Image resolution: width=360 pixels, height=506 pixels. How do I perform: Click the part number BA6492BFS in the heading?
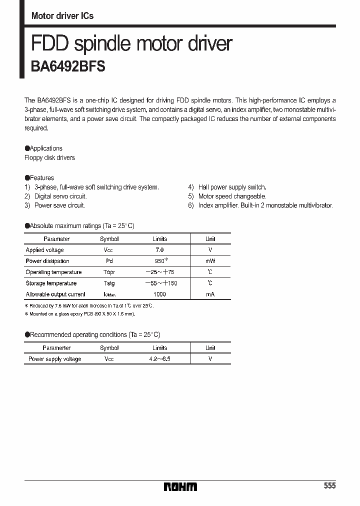[x=65, y=67]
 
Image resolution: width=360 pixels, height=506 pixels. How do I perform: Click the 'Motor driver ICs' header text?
[x=62, y=16]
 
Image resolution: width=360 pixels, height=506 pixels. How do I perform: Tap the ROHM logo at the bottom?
[x=180, y=486]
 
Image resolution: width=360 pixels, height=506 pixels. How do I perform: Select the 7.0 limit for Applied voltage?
[x=159, y=250]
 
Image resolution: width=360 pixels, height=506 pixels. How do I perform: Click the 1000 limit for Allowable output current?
[x=159, y=294]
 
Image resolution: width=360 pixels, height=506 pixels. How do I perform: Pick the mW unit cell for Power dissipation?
[x=210, y=261]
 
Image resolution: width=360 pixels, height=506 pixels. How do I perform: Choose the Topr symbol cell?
[x=109, y=272]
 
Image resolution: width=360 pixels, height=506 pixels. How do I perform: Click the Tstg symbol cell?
[x=109, y=283]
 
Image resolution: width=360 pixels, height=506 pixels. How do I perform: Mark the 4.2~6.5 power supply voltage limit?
[x=159, y=359]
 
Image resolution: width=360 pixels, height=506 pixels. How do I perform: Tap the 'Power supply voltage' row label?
[x=54, y=359]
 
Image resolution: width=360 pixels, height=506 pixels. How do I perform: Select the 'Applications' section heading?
[x=45, y=148]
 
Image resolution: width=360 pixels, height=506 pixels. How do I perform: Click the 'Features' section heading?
[x=41, y=178]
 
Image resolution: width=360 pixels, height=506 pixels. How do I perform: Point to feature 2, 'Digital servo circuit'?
[x=60, y=196]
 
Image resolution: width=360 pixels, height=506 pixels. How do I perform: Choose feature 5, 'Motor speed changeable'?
[x=232, y=196]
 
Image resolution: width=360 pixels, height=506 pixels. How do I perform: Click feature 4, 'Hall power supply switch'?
[x=232, y=187]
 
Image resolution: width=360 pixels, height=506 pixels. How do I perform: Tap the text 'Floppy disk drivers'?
[x=49, y=158]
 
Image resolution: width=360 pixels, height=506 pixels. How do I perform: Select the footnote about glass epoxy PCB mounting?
[x=80, y=314]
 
